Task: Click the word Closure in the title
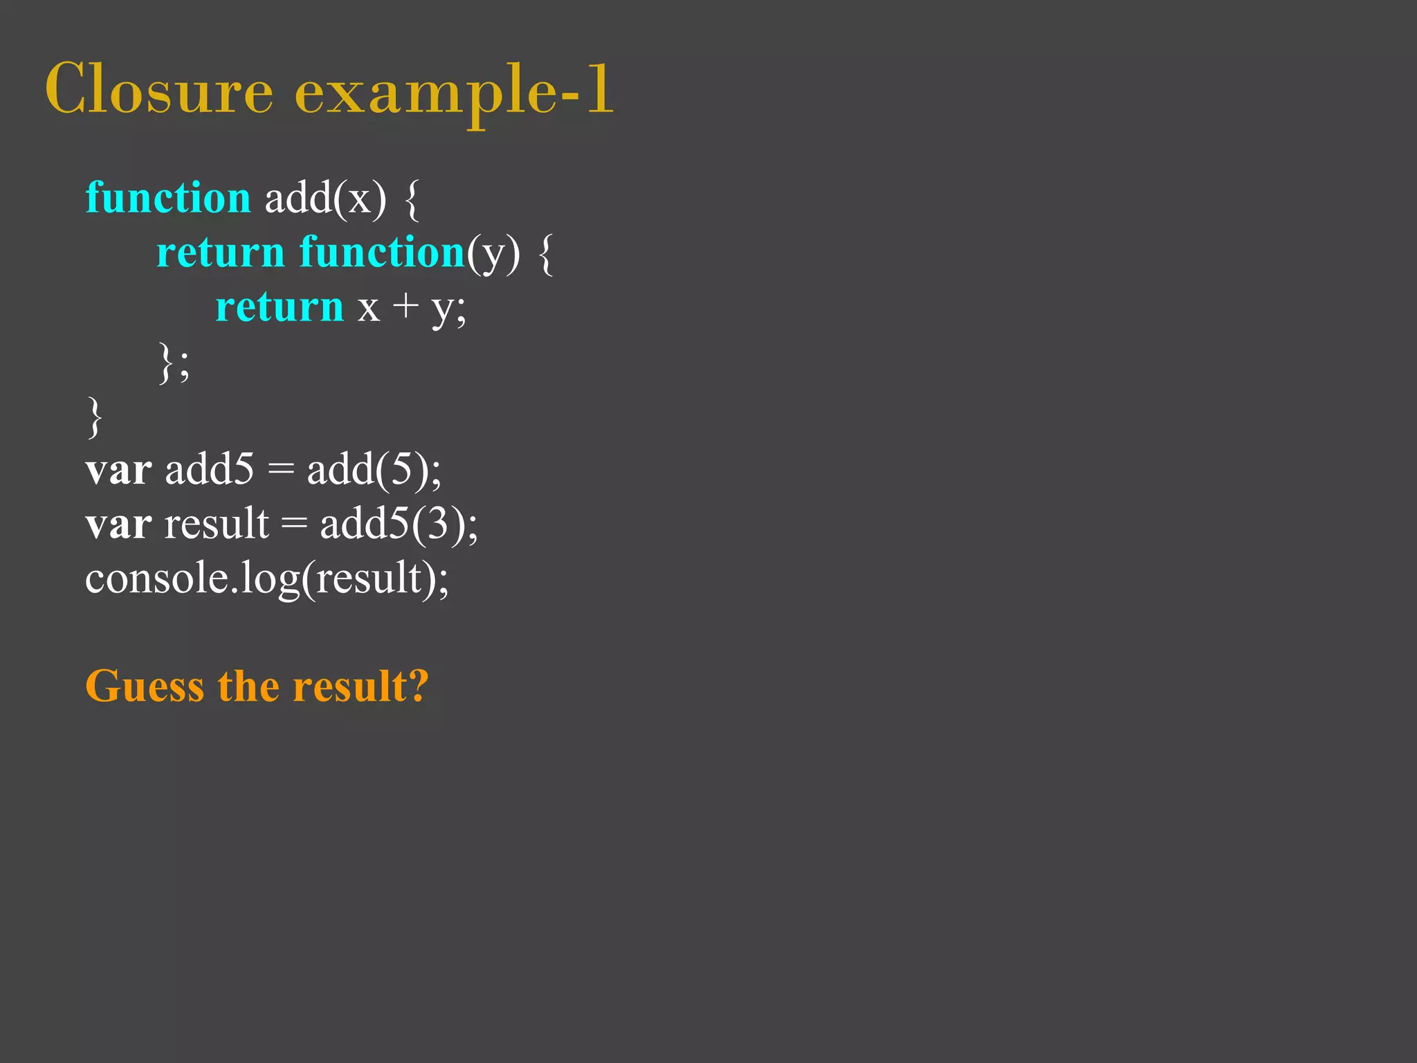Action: [x=159, y=90]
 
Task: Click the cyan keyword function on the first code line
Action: [x=167, y=198]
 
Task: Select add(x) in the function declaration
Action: [x=325, y=199]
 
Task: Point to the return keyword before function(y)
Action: [x=221, y=253]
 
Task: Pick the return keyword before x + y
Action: [x=280, y=307]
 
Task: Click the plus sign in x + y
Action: [x=405, y=306]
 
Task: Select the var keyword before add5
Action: [x=118, y=471]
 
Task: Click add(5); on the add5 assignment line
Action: [x=374, y=471]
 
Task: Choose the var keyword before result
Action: [x=118, y=525]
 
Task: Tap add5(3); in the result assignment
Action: [x=399, y=525]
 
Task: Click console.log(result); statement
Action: [x=267, y=579]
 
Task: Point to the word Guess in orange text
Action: [x=145, y=687]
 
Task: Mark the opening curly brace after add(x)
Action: [x=412, y=199]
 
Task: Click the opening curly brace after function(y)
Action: [x=545, y=253]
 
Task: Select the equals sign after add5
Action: [x=280, y=471]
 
